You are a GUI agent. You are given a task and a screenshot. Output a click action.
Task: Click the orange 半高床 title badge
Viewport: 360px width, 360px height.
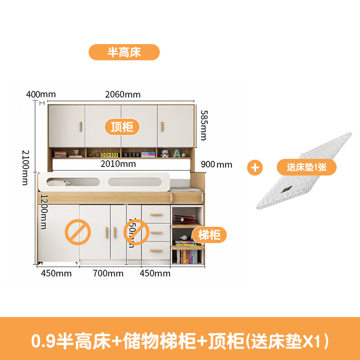point(124,52)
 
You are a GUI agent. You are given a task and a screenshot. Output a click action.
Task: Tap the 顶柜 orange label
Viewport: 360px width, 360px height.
point(122,127)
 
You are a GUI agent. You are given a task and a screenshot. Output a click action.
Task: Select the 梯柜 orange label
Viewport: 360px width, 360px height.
point(210,234)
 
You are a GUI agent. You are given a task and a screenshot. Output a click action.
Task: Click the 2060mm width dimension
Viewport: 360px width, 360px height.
point(123,94)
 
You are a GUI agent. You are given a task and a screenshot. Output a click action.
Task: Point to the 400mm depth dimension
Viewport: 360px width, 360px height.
point(41,94)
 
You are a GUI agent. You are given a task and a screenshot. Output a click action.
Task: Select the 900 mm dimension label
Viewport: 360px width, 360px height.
point(217,165)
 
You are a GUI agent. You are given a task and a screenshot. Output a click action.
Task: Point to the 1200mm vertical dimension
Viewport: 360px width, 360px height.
point(44,211)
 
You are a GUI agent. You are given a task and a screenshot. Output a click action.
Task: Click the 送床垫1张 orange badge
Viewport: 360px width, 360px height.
point(306,167)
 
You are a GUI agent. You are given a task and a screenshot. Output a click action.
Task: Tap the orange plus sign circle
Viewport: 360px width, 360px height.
point(256,167)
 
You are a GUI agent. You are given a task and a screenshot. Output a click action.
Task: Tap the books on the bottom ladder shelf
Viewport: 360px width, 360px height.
point(186,257)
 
